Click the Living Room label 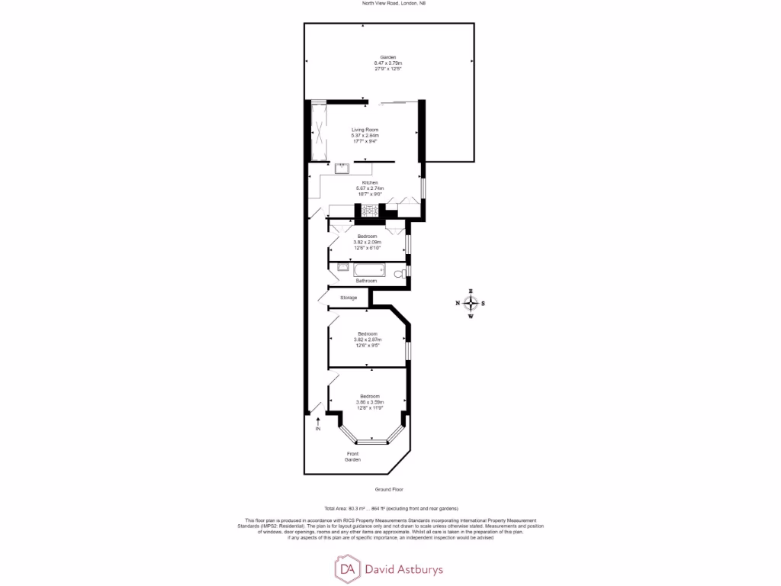tap(365, 130)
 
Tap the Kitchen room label tap(370, 183)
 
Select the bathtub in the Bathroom tap(371, 269)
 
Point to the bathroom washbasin tap(341, 267)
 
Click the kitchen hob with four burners tap(370, 211)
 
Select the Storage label tap(349, 298)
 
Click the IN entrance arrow tap(318, 421)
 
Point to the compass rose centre tap(471, 304)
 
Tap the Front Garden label tap(352, 457)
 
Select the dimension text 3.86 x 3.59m tap(370, 401)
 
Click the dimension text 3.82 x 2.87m tap(370, 340)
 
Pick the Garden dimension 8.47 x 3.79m tap(387, 63)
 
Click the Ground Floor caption tap(388, 488)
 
